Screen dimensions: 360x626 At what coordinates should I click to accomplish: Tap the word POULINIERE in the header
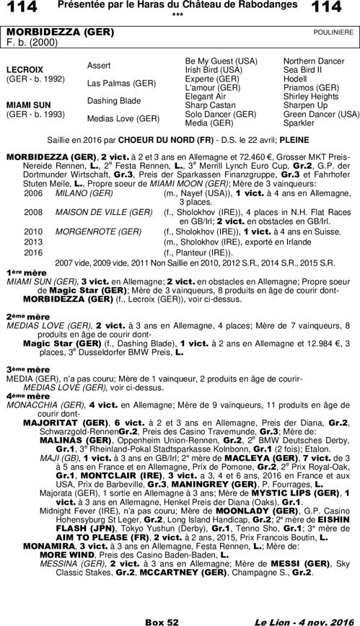click(333, 32)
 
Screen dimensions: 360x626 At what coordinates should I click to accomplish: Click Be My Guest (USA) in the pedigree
click(221, 61)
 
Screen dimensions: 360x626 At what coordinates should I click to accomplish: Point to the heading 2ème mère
click(18, 316)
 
